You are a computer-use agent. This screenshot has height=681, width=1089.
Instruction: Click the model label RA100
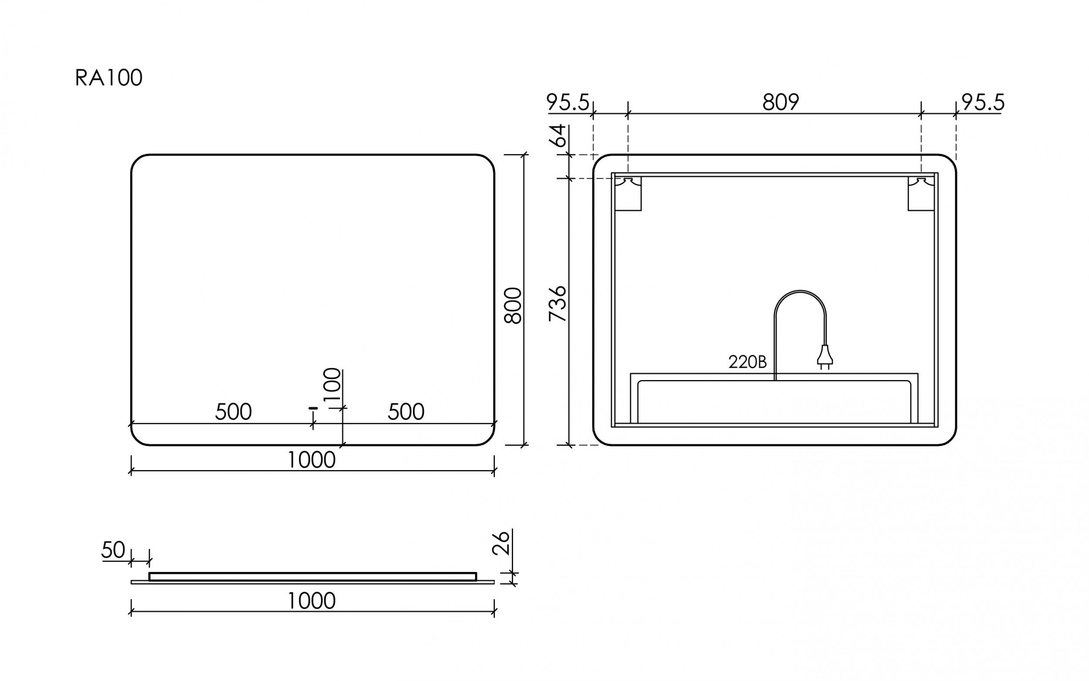tap(108, 78)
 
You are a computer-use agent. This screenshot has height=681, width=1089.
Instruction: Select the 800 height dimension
tap(513, 306)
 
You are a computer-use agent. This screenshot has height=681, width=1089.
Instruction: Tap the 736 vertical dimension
tap(558, 304)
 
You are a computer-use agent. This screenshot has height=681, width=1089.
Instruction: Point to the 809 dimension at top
tap(781, 102)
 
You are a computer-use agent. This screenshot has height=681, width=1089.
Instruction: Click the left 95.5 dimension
tap(568, 102)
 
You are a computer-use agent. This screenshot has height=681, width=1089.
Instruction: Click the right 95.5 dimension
tap(983, 102)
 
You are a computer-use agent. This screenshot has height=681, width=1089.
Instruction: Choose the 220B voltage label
tap(747, 362)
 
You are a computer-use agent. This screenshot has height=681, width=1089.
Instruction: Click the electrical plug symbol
tap(825, 357)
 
